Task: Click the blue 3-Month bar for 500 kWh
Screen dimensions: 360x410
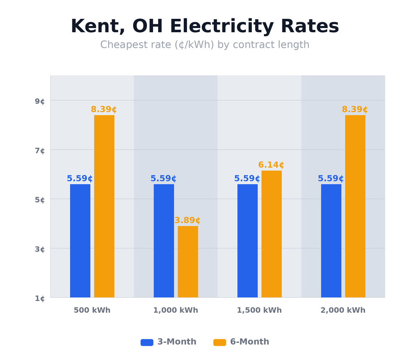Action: point(80,241)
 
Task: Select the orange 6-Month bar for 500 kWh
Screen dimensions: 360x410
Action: point(104,206)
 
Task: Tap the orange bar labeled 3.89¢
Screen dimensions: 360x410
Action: point(188,262)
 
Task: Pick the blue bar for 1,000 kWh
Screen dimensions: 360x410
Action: point(164,241)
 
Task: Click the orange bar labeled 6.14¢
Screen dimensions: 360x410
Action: point(272,234)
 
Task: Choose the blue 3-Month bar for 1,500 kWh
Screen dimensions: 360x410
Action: point(247,241)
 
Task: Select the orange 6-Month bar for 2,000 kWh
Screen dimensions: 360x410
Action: point(355,206)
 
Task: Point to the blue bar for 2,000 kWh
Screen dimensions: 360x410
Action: point(331,241)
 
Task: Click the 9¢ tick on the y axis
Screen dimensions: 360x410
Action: point(40,101)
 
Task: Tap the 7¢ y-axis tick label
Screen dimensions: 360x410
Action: point(40,150)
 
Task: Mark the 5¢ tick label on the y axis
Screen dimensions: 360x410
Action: point(40,200)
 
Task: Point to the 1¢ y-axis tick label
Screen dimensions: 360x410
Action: point(40,298)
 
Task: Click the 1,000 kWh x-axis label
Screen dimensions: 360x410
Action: point(175,311)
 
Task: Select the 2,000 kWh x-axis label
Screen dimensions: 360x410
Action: point(343,311)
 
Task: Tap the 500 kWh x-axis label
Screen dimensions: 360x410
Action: point(92,311)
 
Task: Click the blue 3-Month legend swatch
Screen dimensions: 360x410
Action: point(147,342)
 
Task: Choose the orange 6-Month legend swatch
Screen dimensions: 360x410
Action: point(220,342)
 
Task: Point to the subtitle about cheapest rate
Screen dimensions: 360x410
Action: point(205,45)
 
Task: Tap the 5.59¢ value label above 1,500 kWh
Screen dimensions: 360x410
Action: point(247,179)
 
